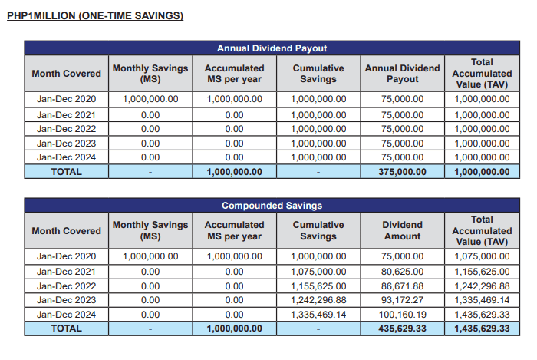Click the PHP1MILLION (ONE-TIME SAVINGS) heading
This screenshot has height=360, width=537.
95,15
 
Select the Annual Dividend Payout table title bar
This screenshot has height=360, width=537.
267,48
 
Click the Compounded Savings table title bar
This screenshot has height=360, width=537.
267,206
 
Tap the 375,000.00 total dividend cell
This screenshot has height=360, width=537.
402,172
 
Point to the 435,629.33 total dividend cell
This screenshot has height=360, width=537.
402,329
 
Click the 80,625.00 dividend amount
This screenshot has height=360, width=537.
402,271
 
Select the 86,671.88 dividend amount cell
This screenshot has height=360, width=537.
402,286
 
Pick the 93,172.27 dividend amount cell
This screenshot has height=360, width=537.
402,300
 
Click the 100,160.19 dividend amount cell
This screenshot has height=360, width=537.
402,315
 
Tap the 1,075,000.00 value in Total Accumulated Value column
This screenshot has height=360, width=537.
482,256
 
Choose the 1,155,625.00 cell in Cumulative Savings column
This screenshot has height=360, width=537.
318,286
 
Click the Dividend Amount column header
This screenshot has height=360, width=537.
402,230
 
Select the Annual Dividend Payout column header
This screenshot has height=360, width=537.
402,74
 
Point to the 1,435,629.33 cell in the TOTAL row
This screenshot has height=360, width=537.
482,329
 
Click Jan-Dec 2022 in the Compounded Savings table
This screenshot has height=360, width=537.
66,286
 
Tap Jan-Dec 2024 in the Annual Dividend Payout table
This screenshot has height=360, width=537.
66,157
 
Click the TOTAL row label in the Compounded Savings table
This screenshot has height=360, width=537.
66,329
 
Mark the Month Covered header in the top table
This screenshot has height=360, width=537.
66,74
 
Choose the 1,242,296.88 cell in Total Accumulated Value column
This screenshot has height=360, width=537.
482,286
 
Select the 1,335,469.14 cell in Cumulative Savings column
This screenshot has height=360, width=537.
318,315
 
